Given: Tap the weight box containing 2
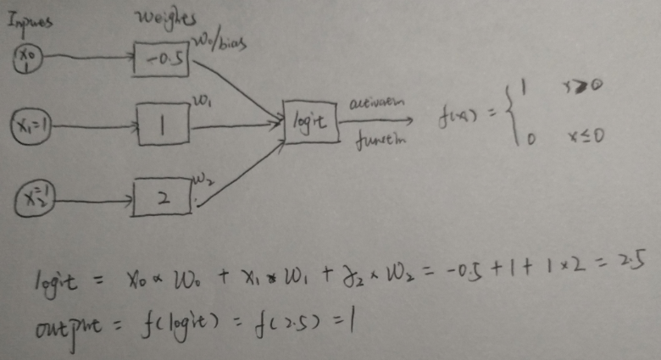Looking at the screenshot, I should click(163, 197).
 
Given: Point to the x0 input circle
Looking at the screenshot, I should click(28, 58).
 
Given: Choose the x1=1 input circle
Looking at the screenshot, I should click(32, 126).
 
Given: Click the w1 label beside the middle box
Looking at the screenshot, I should click(202, 102).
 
